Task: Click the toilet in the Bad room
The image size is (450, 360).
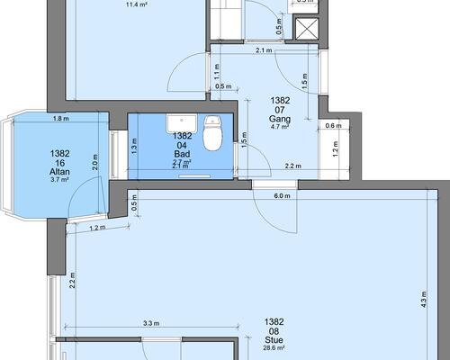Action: (212, 133)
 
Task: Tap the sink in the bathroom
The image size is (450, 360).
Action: (182, 123)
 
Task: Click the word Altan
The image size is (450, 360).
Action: (59, 172)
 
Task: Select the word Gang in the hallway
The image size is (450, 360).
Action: (280, 119)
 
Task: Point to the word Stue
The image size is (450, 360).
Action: (274, 340)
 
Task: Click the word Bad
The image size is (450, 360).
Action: (182, 154)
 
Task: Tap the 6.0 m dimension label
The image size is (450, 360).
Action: (282, 196)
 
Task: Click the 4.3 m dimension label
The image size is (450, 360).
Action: (424, 299)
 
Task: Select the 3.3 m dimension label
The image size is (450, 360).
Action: (151, 323)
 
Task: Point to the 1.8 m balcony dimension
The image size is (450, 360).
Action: (61, 119)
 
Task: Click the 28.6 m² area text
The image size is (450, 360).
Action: (274, 348)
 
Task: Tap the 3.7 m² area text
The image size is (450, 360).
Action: (59, 180)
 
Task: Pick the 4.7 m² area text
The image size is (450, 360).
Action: (280, 127)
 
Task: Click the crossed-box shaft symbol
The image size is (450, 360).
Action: (307, 29)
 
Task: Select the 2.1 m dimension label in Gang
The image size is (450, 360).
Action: (264, 50)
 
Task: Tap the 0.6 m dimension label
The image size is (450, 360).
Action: (333, 126)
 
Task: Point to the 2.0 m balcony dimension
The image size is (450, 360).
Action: (95, 162)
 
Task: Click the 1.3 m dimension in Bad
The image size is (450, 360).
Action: (134, 146)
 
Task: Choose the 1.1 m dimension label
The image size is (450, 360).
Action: (217, 72)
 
